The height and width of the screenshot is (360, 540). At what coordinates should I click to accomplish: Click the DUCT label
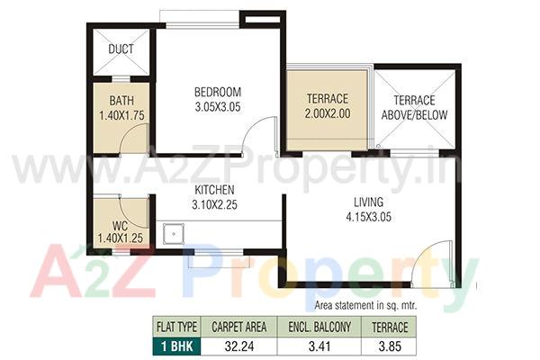pyautogui.click(x=121, y=50)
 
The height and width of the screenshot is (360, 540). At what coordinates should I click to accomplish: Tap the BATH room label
pyautogui.click(x=121, y=101)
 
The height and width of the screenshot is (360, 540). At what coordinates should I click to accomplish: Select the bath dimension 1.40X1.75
pyautogui.click(x=121, y=115)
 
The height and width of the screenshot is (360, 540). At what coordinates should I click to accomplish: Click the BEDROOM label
pyautogui.click(x=218, y=92)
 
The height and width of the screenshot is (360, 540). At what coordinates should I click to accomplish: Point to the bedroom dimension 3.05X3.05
pyautogui.click(x=218, y=106)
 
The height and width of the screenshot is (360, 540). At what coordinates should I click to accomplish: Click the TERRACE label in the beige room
pyautogui.click(x=328, y=99)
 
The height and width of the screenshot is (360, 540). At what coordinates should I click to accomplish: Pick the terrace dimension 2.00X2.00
pyautogui.click(x=328, y=114)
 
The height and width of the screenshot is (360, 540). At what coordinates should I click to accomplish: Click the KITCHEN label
pyautogui.click(x=214, y=190)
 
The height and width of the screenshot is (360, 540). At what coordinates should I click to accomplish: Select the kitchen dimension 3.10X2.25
pyautogui.click(x=214, y=204)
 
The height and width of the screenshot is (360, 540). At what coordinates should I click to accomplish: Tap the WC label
pyautogui.click(x=121, y=224)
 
